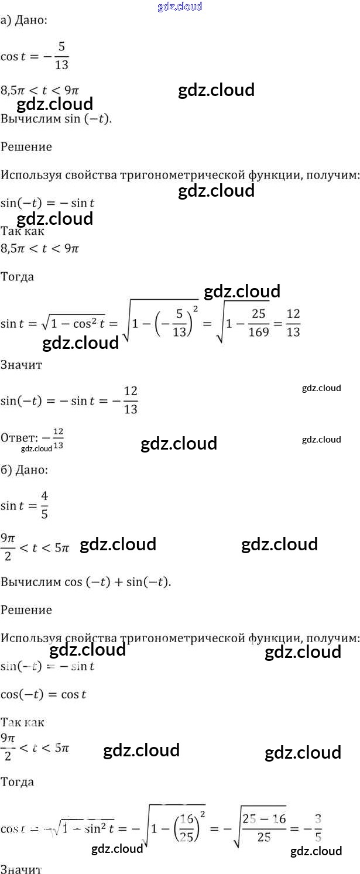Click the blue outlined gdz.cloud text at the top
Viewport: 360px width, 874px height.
point(180,6)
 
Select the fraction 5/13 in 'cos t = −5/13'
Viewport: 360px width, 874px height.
point(61,57)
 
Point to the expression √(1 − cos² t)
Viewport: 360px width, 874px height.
point(76,323)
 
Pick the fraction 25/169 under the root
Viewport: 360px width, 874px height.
point(258,323)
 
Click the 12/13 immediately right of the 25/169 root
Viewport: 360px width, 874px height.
point(293,323)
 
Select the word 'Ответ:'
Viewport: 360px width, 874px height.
point(19,437)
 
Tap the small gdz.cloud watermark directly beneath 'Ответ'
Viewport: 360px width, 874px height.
point(36,449)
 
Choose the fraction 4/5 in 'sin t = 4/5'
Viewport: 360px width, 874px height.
point(44,505)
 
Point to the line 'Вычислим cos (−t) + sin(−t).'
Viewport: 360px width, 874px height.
point(85,582)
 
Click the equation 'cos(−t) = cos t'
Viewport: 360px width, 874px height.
point(43,694)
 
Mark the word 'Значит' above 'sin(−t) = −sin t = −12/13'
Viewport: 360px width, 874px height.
point(22,364)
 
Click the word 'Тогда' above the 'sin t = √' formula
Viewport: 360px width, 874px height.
point(18,276)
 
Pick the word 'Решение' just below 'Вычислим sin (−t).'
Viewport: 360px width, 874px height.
point(26,146)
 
